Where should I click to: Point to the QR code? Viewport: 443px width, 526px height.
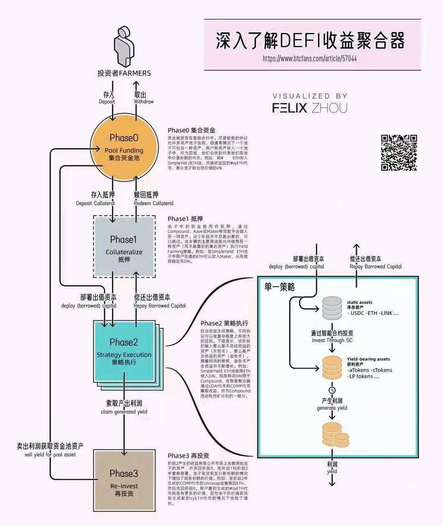tap(399, 153)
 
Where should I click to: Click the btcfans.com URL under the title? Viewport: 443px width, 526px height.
tap(309, 59)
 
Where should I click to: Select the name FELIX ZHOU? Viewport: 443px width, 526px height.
tap(309, 108)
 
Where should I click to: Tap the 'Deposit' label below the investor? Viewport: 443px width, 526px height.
tap(107, 101)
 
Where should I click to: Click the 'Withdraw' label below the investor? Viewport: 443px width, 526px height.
tap(144, 101)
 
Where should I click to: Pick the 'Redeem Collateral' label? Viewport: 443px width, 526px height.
tap(154, 203)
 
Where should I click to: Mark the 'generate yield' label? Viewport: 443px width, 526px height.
tap(332, 408)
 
